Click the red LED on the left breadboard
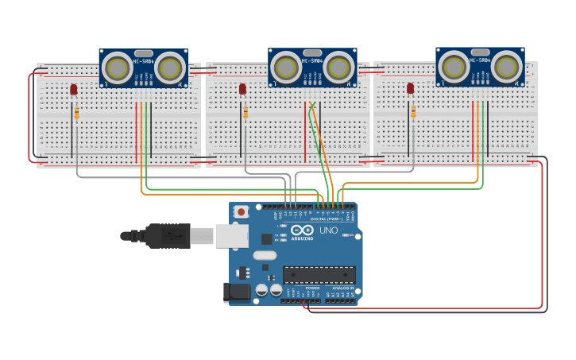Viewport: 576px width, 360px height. tap(74, 90)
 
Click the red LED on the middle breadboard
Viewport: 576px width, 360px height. tap(242, 89)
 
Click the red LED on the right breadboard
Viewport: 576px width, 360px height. tap(410, 88)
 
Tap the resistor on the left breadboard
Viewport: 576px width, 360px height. tap(76, 113)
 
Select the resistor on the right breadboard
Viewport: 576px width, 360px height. tap(413, 112)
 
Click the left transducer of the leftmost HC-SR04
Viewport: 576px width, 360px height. tap(118, 68)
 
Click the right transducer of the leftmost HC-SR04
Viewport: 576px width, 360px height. tap(169, 68)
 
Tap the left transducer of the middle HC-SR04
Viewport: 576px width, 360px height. tap(286, 67)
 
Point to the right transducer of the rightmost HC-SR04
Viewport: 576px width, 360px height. tap(506, 66)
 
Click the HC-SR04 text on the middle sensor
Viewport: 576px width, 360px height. tap(312, 61)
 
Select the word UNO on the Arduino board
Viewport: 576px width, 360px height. tap(328, 230)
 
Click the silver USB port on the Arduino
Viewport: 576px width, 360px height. tap(231, 235)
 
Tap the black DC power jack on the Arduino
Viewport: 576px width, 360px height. tap(237, 292)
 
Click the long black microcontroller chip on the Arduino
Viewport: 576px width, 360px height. tap(319, 275)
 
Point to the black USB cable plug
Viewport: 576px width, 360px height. tap(167, 236)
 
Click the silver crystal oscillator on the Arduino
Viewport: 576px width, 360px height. tap(265, 256)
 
